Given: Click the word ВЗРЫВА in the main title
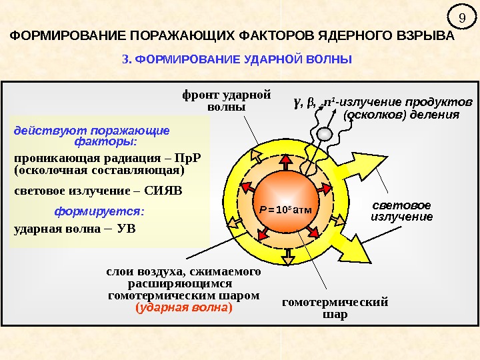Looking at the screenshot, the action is tap(425, 35).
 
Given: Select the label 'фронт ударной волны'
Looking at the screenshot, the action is tap(226, 101).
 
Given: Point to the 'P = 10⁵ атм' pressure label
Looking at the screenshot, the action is tap(286, 211).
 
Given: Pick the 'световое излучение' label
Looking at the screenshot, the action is tap(401, 211).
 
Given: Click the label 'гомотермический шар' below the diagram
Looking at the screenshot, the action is tap(335, 308).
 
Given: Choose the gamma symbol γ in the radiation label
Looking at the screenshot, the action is tap(296, 103).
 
